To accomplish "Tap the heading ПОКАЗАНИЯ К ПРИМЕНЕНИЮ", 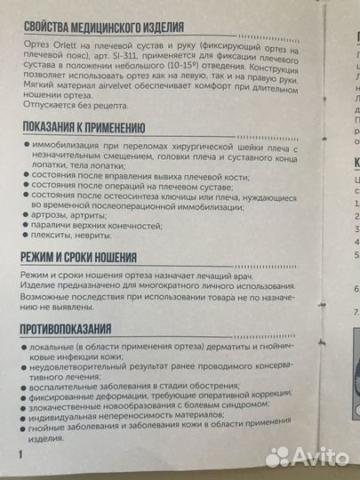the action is click(x=90, y=126).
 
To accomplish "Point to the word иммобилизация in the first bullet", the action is click(x=68, y=144).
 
